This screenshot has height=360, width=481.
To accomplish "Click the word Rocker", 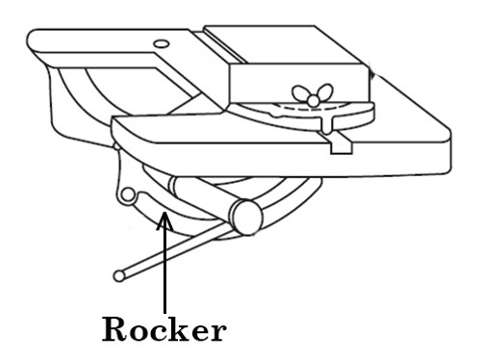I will click(165, 329).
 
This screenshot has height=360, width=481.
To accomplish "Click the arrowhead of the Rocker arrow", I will click(165, 221).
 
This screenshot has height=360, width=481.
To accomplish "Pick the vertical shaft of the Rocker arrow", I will click(165, 265).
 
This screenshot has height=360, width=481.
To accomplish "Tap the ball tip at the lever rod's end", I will click(118, 276).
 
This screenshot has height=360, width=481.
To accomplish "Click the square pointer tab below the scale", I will click(338, 146).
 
